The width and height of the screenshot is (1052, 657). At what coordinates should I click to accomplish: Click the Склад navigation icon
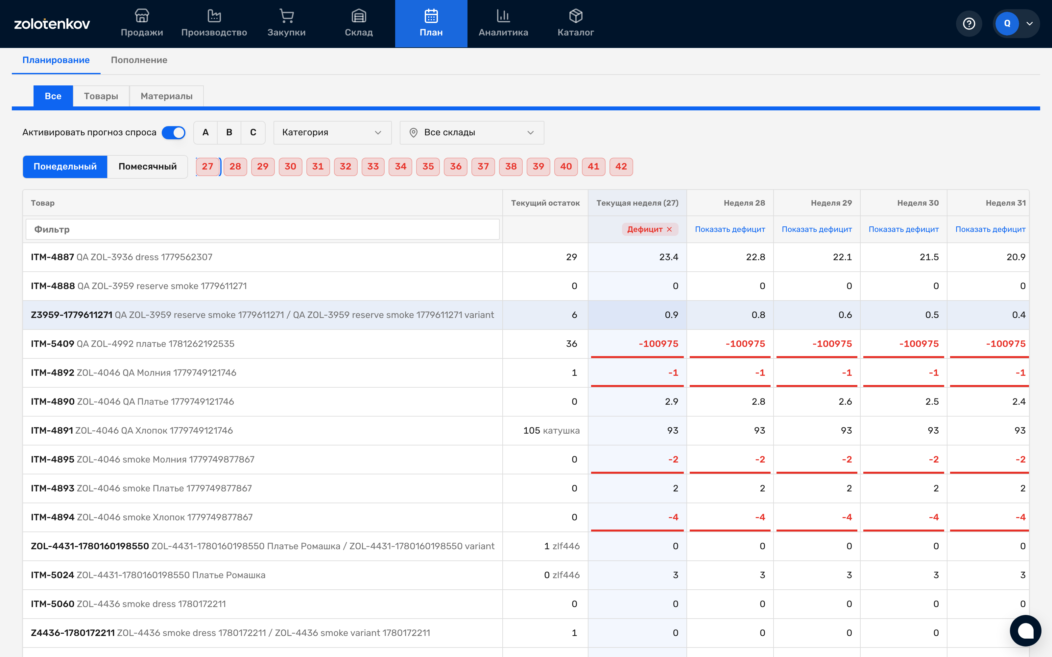click(359, 16)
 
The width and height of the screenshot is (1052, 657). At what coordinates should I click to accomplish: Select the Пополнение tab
click(139, 60)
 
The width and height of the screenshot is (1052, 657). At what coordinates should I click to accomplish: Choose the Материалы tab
click(166, 96)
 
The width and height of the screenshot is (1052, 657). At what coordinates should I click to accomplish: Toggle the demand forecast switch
click(174, 132)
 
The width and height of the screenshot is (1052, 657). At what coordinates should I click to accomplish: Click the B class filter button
click(229, 132)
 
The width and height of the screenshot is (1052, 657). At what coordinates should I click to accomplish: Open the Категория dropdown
click(332, 132)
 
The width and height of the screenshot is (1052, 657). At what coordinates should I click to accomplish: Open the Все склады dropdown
click(472, 132)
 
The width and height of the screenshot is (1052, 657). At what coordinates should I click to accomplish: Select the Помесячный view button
click(147, 167)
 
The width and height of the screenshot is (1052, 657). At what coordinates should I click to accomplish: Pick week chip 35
click(428, 167)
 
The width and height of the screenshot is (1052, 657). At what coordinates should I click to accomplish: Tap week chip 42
click(621, 167)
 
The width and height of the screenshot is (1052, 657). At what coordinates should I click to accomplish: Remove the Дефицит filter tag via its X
click(669, 229)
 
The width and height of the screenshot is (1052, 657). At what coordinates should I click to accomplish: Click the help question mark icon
click(969, 23)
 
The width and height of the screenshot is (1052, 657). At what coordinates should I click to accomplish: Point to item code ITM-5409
click(52, 344)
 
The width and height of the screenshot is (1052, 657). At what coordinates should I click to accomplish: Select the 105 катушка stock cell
click(551, 431)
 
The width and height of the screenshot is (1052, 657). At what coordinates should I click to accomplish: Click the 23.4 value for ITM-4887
click(669, 257)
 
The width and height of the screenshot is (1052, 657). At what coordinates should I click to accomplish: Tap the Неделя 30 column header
click(918, 203)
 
